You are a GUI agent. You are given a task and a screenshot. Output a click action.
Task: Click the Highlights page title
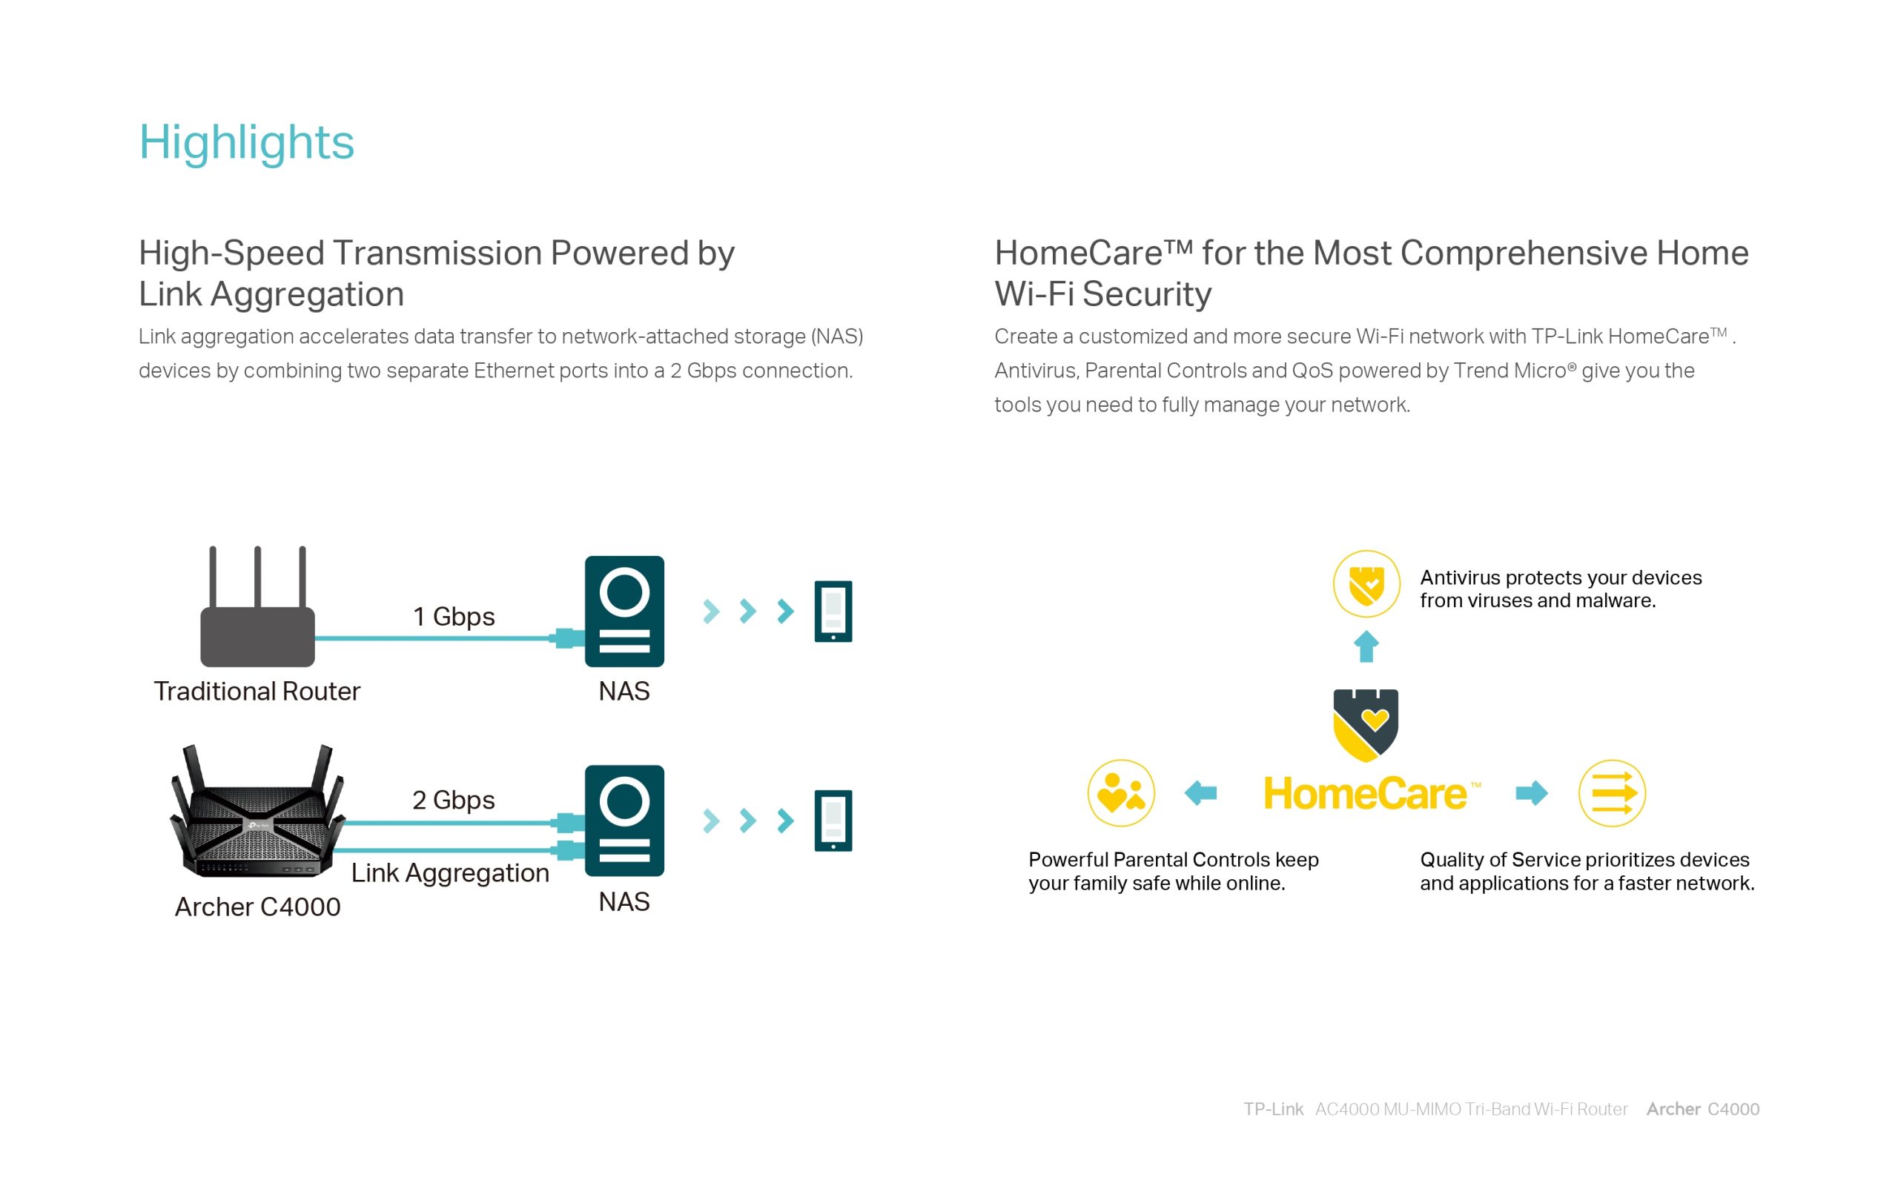(x=246, y=143)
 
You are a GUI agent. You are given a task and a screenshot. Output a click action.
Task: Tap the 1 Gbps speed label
(x=453, y=617)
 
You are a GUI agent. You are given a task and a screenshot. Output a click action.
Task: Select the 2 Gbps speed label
(x=453, y=800)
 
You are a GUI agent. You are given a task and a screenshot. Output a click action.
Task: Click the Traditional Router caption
(x=257, y=691)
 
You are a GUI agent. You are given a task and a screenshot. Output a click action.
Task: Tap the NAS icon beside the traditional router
(x=624, y=612)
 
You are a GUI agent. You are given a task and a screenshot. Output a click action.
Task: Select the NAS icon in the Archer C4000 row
(x=624, y=821)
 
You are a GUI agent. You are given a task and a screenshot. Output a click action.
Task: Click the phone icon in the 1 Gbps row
(x=833, y=611)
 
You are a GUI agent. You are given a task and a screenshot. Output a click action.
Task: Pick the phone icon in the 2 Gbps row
(x=833, y=821)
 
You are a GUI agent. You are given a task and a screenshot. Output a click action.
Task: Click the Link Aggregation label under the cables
(x=450, y=873)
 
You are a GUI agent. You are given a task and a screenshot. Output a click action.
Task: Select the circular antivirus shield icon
(x=1366, y=584)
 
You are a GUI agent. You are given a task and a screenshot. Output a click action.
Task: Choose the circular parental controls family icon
(x=1121, y=793)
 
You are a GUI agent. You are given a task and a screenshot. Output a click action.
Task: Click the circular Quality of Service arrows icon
(x=1612, y=793)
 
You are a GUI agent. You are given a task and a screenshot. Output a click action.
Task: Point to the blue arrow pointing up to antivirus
(x=1366, y=646)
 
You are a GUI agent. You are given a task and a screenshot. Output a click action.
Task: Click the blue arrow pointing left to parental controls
(x=1200, y=793)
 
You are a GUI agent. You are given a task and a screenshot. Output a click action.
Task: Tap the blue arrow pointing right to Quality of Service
(x=1532, y=793)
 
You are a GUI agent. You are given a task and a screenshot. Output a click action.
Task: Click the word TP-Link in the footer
(x=1273, y=1109)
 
